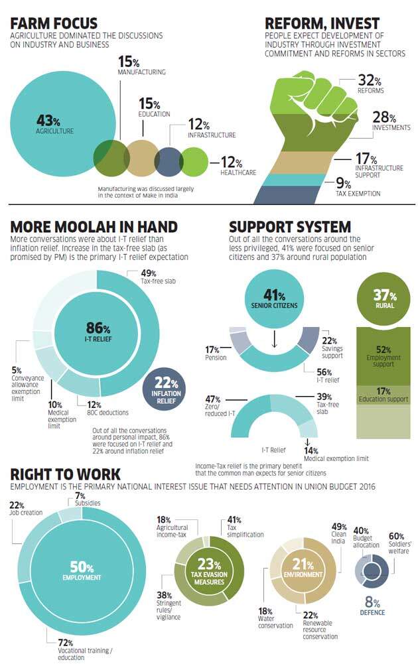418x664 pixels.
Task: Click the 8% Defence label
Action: click(x=372, y=606)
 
